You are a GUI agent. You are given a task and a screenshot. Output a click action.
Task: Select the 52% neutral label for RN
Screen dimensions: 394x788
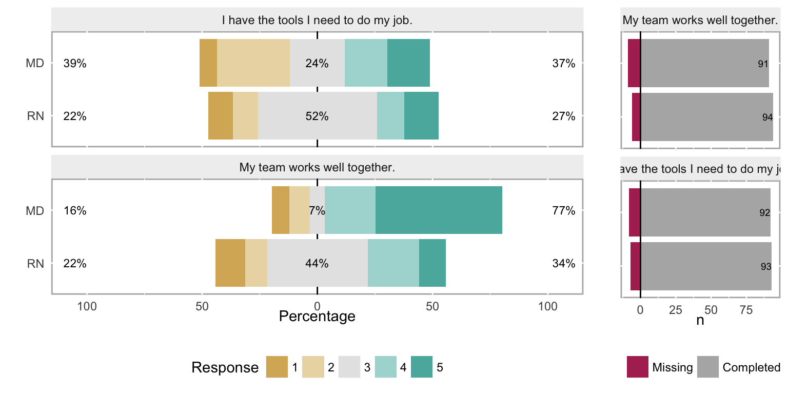tap(317, 116)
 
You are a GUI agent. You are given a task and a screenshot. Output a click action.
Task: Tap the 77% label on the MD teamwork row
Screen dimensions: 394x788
tap(564, 211)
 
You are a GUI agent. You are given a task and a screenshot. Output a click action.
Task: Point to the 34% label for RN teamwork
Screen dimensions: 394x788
tap(564, 264)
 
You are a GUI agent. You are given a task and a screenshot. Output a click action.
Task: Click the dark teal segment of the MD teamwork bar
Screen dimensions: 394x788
tap(439, 210)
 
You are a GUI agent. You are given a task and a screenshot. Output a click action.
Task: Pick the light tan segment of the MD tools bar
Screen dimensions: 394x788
tap(253, 63)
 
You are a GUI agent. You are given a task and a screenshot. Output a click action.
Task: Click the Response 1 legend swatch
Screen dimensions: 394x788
tap(277, 367)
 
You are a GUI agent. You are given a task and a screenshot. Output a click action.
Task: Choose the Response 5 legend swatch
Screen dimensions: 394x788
tap(422, 367)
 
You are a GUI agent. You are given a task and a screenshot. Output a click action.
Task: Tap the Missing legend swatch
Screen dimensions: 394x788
tap(637, 367)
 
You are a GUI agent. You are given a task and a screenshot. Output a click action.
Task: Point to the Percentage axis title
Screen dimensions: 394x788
tap(317, 316)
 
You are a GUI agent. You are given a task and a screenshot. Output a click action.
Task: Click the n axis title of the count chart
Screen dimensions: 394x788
tap(700, 320)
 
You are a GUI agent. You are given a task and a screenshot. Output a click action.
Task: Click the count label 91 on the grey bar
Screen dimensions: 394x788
tap(763, 64)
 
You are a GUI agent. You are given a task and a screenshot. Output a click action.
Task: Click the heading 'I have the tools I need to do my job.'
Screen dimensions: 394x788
tap(317, 21)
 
